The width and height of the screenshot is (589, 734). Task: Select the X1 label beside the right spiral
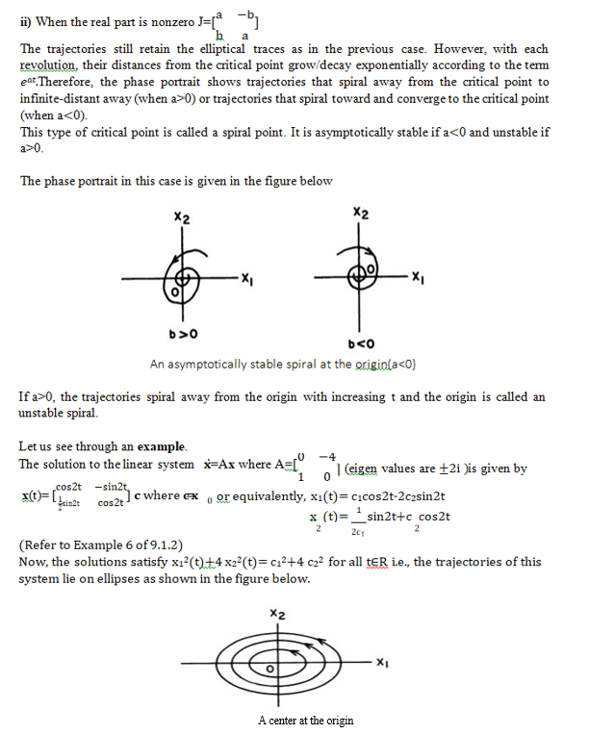417,279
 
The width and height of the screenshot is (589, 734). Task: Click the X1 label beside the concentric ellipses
382,661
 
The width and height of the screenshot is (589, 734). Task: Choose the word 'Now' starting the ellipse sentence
32,562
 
